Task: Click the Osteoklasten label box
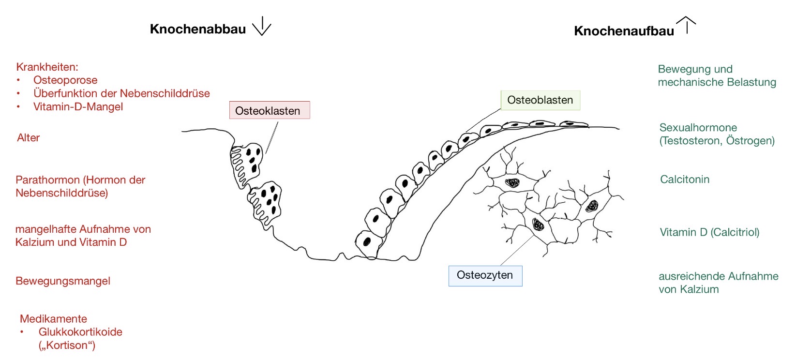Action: [269, 110]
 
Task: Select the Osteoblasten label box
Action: [540, 100]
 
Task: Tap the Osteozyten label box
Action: [485, 275]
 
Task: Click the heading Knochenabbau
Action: [197, 29]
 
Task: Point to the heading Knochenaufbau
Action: [624, 31]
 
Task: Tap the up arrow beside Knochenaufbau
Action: [686, 25]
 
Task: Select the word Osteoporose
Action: [65, 80]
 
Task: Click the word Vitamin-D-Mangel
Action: [78, 106]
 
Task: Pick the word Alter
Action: [28, 138]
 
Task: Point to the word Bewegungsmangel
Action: [63, 281]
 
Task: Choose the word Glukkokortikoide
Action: [80, 332]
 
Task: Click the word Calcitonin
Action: [685, 180]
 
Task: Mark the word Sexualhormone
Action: [698, 128]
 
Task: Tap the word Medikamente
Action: [53, 319]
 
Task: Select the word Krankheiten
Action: [46, 67]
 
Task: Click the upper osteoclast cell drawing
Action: [248, 162]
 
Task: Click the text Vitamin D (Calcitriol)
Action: [709, 232]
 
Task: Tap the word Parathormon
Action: [47, 180]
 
